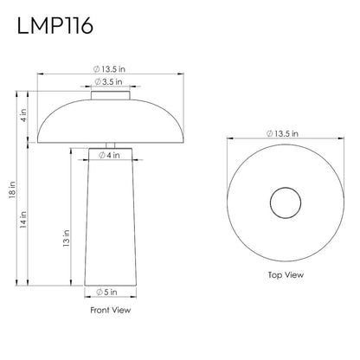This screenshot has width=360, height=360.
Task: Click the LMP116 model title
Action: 55,26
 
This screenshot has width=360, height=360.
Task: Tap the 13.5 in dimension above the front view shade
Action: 109,69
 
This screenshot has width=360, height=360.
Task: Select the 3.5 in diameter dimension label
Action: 108,81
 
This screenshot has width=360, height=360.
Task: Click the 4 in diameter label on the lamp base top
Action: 109,155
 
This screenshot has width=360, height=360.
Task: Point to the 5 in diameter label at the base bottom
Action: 106,292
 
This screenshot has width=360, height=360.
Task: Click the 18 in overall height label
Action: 12,190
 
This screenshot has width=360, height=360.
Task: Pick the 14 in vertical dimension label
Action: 23,220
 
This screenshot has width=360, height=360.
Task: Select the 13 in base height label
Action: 67,238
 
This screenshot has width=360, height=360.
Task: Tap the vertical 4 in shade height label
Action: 23,115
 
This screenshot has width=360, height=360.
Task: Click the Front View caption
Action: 111,310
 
